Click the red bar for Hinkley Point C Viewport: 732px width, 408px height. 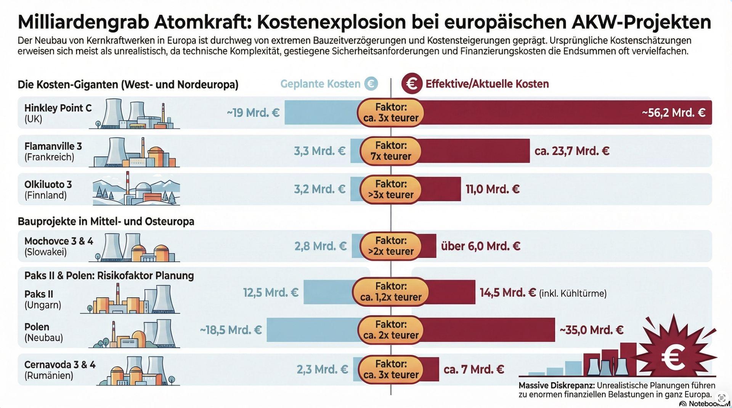pyautogui.click(x=534, y=113)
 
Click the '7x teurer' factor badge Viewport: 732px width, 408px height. pyautogui.click(x=391, y=151)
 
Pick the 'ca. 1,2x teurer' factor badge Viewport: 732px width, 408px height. pyautogui.click(x=391, y=292)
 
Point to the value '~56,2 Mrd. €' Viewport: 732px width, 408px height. pyautogui.click(x=673, y=113)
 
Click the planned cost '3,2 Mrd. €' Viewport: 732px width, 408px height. pyautogui.click(x=319, y=189)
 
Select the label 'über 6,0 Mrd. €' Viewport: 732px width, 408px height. pyautogui.click(x=480, y=246)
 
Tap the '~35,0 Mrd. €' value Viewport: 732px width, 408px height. pyautogui.click(x=591, y=330)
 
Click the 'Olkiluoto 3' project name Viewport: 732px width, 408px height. pyautogui.click(x=48, y=185)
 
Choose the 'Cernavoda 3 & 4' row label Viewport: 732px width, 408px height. pyautogui.click(x=60, y=365)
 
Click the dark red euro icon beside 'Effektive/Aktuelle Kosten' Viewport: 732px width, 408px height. pyautogui.click(x=412, y=84)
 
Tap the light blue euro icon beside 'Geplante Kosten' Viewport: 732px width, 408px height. pyautogui.click(x=371, y=84)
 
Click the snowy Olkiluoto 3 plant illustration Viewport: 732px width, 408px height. pyautogui.click(x=136, y=189)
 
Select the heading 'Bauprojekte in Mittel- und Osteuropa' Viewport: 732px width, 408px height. pyautogui.click(x=106, y=222)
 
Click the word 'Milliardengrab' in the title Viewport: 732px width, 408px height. pyautogui.click(x=83, y=22)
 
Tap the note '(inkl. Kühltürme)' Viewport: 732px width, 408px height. pyautogui.click(x=573, y=293)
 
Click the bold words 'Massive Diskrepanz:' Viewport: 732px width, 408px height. pyautogui.click(x=556, y=386)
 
